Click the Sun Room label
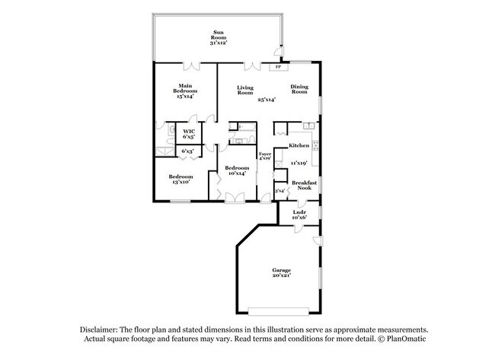coord(219,33)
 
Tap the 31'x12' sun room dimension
coord(219,43)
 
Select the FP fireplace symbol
coord(276,67)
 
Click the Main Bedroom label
coord(185,88)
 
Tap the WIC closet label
coord(188,131)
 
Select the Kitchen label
coord(299,145)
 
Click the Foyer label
coord(264,155)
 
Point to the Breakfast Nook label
coord(305,184)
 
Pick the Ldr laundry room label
coord(299,212)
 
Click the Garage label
coord(282,270)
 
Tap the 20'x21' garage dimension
coord(282,276)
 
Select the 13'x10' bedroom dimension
coord(180,183)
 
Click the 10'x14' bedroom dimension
coord(237,174)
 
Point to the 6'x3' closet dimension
coord(187,151)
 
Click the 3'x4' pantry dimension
coord(279,190)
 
